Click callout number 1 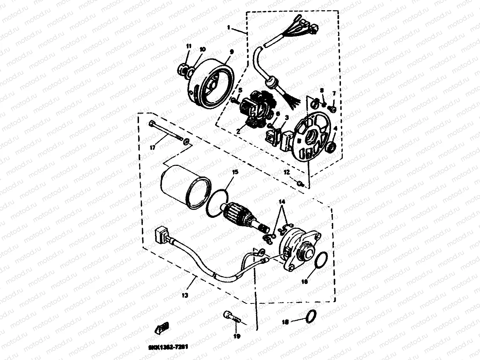[229, 27]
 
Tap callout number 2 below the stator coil [238, 131]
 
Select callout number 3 [287, 116]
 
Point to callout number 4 [335, 129]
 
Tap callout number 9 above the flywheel [232, 52]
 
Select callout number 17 [152, 148]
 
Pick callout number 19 [237, 336]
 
